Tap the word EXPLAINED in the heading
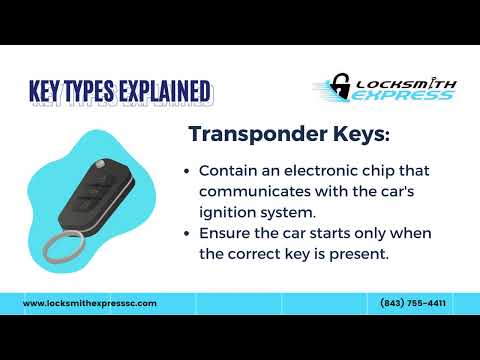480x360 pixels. [x=159, y=91]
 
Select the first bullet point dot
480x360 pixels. [x=188, y=171]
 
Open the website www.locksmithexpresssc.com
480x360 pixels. [x=89, y=303]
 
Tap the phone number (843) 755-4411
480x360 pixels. [x=413, y=303]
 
